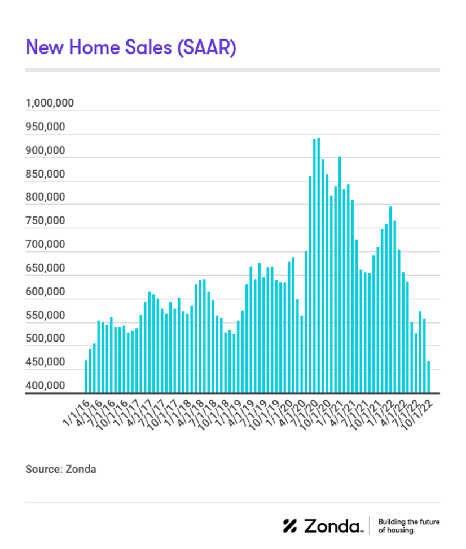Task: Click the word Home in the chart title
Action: [x=91, y=47]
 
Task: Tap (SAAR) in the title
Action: [x=206, y=47]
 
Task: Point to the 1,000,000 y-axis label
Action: [x=50, y=104]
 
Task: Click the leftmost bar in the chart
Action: [x=86, y=377]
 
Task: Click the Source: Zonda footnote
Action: [x=61, y=469]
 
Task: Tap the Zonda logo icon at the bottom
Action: [x=290, y=526]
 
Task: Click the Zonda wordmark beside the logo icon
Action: [x=333, y=526]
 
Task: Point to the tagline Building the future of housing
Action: [x=408, y=526]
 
